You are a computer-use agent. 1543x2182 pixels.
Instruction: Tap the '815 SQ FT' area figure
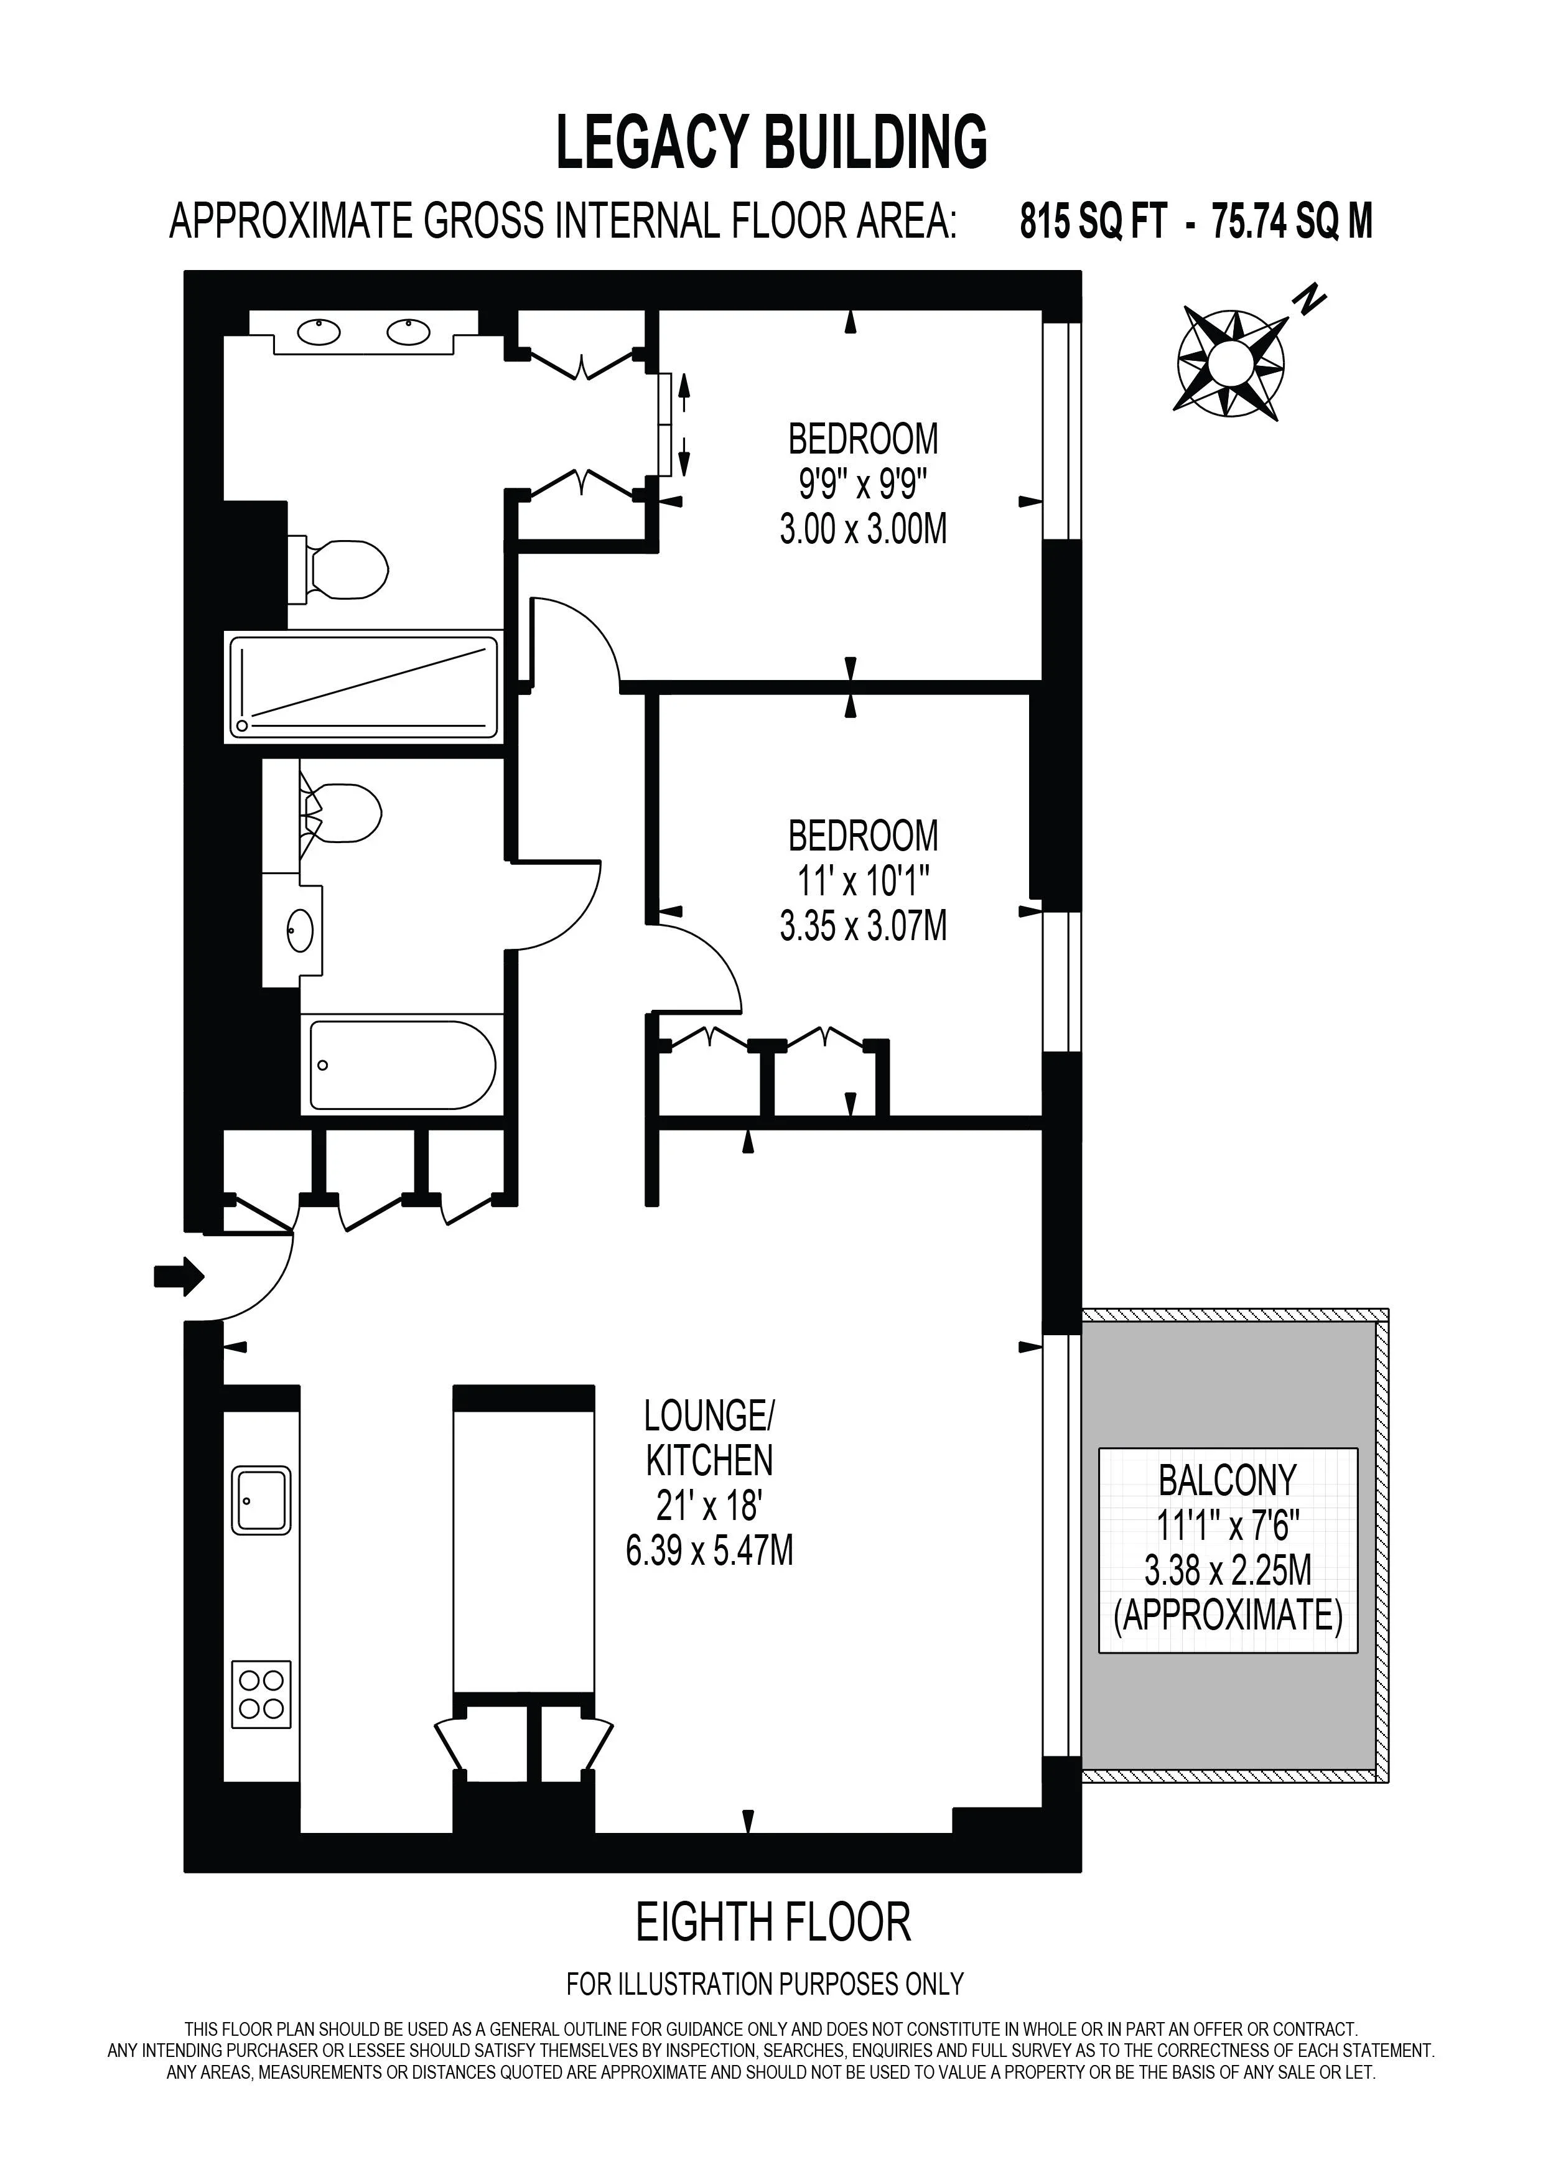click(1093, 221)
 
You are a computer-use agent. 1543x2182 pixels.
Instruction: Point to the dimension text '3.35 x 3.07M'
click(863, 926)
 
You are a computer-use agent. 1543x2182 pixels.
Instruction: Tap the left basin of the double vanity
click(319, 332)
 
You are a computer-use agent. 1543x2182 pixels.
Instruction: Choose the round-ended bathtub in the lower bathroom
click(402, 1065)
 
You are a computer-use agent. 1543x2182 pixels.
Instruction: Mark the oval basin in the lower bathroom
click(301, 930)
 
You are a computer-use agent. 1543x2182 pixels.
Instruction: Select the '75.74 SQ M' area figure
click(1292, 221)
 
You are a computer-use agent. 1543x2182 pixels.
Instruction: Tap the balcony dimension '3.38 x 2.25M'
click(1228, 1571)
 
